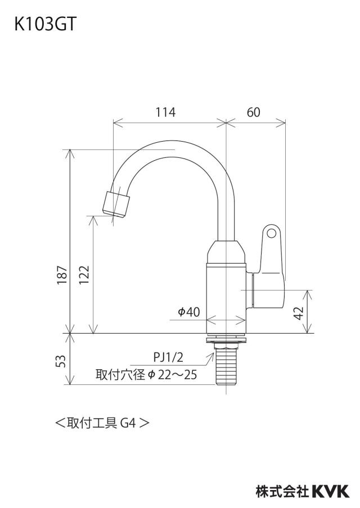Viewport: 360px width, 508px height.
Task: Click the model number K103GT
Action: click(44, 24)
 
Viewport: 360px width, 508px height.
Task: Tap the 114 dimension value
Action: click(165, 112)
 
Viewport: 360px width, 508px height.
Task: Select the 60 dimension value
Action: click(253, 112)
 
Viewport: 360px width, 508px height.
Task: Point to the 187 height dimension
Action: click(62, 275)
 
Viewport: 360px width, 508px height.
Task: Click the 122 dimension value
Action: click(84, 275)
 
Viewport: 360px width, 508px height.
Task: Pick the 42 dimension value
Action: click(299, 312)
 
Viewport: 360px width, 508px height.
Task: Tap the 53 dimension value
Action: click(61, 361)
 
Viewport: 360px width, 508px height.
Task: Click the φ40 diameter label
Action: click(189, 312)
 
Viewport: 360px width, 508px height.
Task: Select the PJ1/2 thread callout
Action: click(168, 357)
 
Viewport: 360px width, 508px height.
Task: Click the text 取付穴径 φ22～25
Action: click(146, 374)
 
